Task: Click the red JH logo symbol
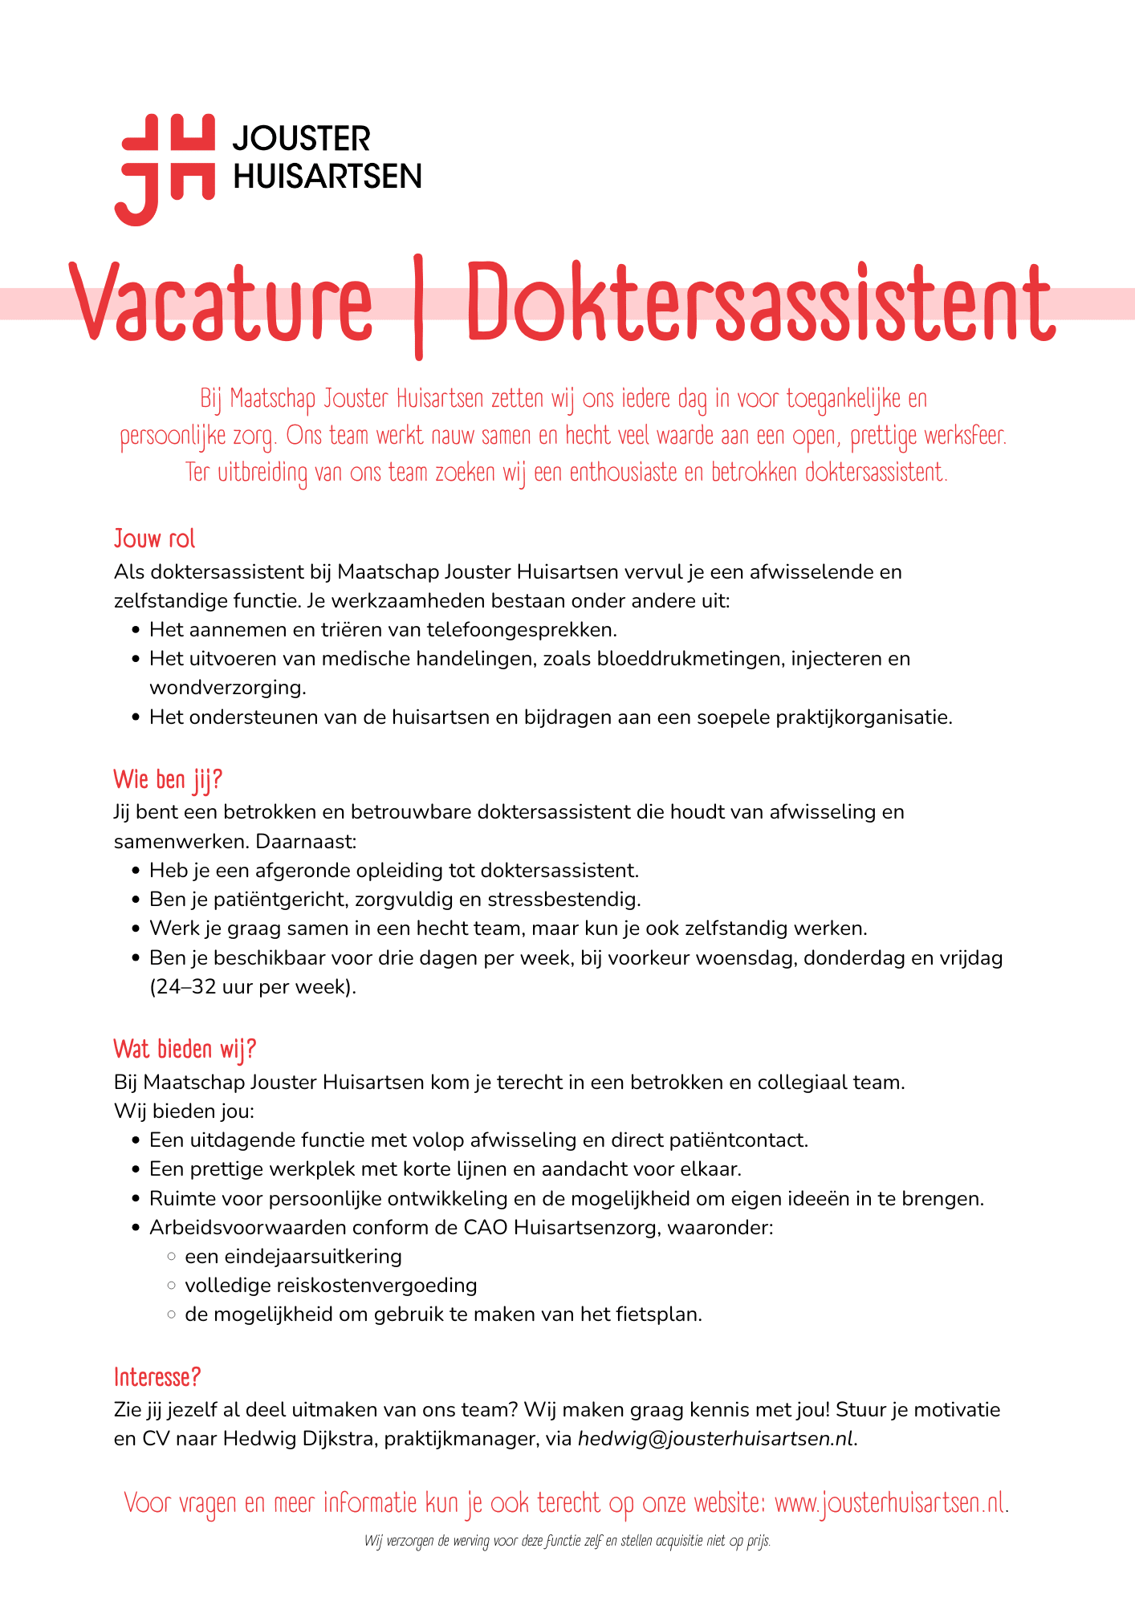(x=165, y=169)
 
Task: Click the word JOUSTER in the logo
(x=302, y=139)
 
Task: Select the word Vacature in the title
(x=222, y=303)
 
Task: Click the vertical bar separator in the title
(x=418, y=307)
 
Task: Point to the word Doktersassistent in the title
(x=759, y=303)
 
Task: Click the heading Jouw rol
(x=154, y=538)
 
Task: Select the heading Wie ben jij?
(x=168, y=779)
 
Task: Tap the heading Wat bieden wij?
(x=185, y=1049)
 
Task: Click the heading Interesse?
(x=157, y=1377)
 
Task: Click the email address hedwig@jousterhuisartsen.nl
(x=716, y=1439)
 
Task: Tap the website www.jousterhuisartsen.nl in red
(x=889, y=1502)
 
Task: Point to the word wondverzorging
(x=227, y=688)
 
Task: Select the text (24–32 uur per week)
(x=253, y=987)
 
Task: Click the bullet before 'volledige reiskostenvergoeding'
(x=171, y=1286)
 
